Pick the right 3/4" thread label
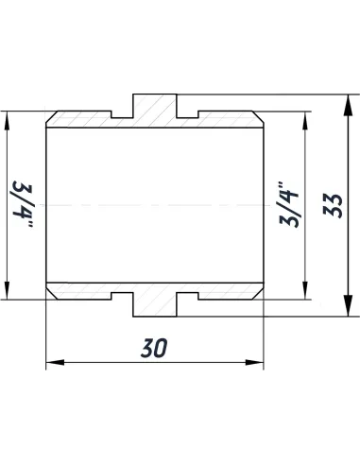(290, 204)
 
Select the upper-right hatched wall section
(227, 120)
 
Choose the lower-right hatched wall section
(227, 290)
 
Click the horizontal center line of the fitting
(154, 205)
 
